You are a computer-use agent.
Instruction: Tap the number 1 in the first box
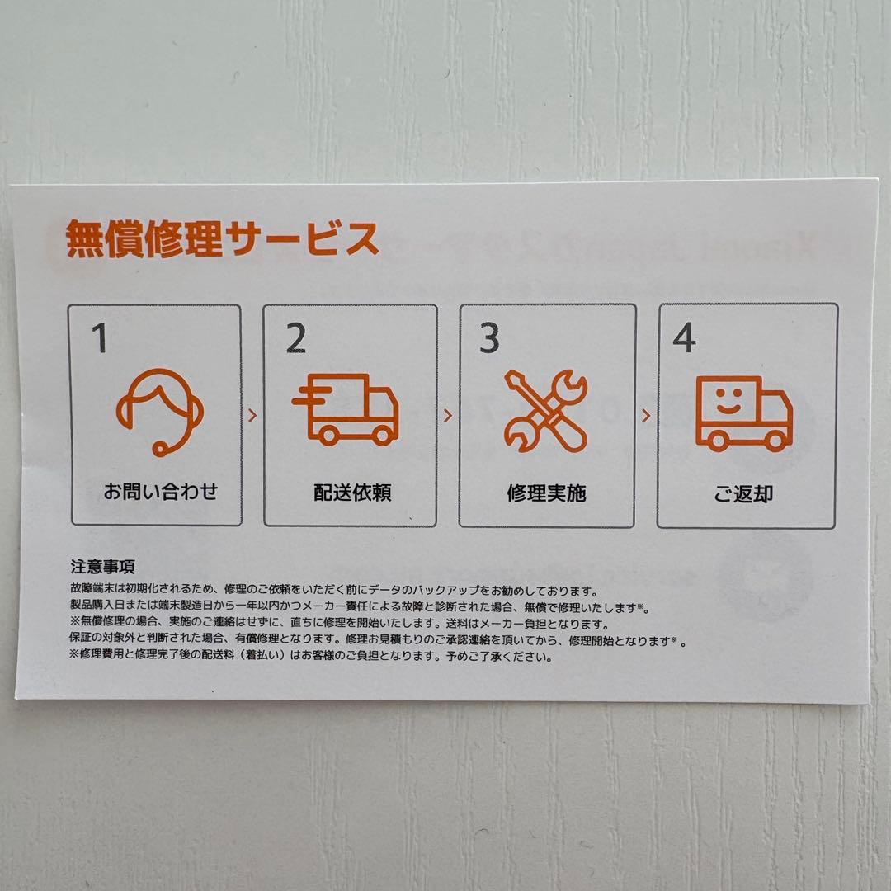pyautogui.click(x=99, y=338)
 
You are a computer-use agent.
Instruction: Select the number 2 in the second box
pyautogui.click(x=295, y=338)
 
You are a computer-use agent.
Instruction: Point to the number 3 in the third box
pyautogui.click(x=490, y=339)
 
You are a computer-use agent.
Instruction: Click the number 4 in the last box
pyautogui.click(x=685, y=339)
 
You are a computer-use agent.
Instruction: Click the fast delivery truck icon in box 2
pyautogui.click(x=346, y=410)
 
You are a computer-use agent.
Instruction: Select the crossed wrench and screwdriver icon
pyautogui.click(x=546, y=411)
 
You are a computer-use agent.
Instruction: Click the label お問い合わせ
pyautogui.click(x=160, y=493)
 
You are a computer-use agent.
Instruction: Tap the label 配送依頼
pyautogui.click(x=352, y=493)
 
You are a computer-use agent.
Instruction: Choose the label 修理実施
pyautogui.click(x=546, y=494)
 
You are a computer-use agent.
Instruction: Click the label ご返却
pyautogui.click(x=743, y=495)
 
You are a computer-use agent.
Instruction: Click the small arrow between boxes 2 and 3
pyautogui.click(x=448, y=415)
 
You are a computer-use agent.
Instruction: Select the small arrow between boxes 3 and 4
pyautogui.click(x=646, y=415)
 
